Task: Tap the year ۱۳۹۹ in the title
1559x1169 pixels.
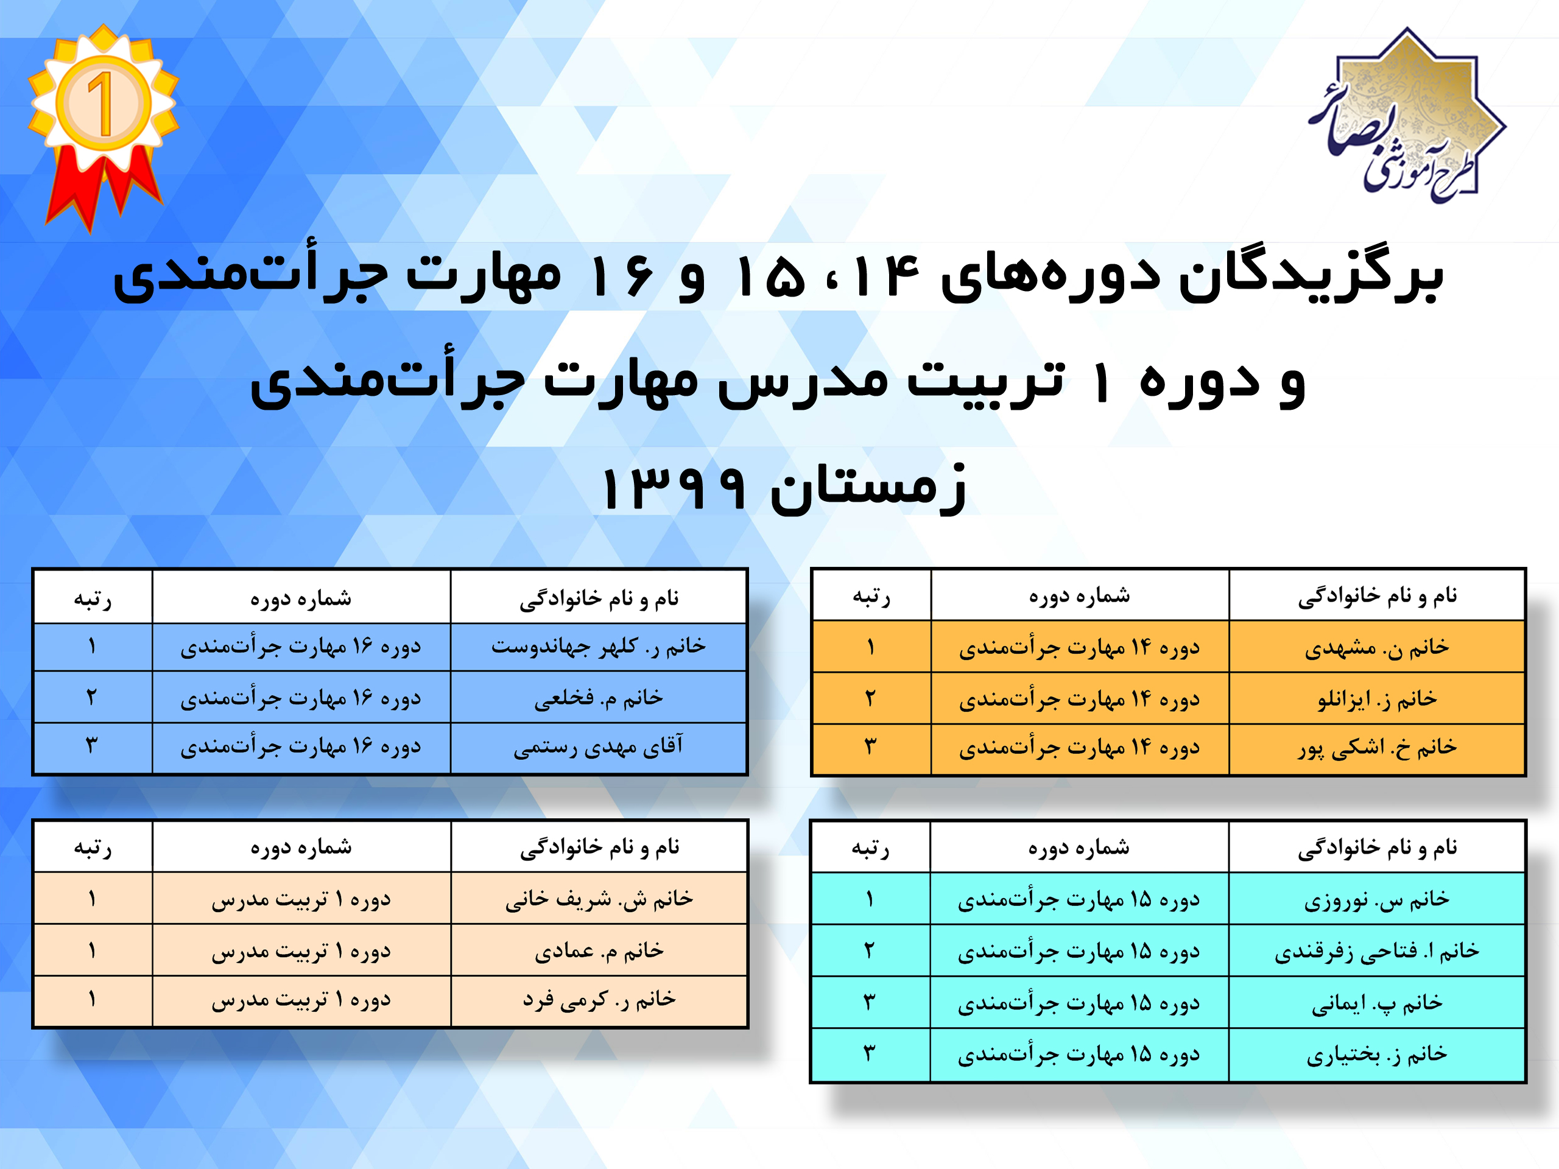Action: pyautogui.click(x=673, y=488)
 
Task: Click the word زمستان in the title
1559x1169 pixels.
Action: pyautogui.click(x=868, y=488)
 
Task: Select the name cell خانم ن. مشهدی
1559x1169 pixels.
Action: pyautogui.click(x=1376, y=647)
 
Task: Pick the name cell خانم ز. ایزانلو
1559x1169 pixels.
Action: pyautogui.click(x=1376, y=698)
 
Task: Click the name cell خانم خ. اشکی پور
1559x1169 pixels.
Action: pyautogui.click(x=1376, y=748)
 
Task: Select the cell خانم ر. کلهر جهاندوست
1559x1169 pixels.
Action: pyautogui.click(x=599, y=646)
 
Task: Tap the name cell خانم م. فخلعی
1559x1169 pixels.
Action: pyautogui.click(x=599, y=698)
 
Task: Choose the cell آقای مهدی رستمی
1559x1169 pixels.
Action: pyautogui.click(x=599, y=747)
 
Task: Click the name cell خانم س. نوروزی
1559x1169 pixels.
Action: pyautogui.click(x=1376, y=899)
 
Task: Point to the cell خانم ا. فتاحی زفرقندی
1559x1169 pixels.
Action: pyautogui.click(x=1376, y=950)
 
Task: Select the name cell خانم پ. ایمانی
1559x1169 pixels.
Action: pyautogui.click(x=1376, y=1002)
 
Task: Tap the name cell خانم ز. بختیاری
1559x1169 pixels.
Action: pyautogui.click(x=1376, y=1054)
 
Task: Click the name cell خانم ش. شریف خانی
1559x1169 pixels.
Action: pyautogui.click(x=599, y=899)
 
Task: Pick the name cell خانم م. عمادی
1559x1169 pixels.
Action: pyautogui.click(x=599, y=950)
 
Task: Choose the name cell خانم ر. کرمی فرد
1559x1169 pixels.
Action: pyautogui.click(x=599, y=1000)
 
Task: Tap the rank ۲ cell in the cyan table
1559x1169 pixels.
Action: pyautogui.click(x=870, y=950)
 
